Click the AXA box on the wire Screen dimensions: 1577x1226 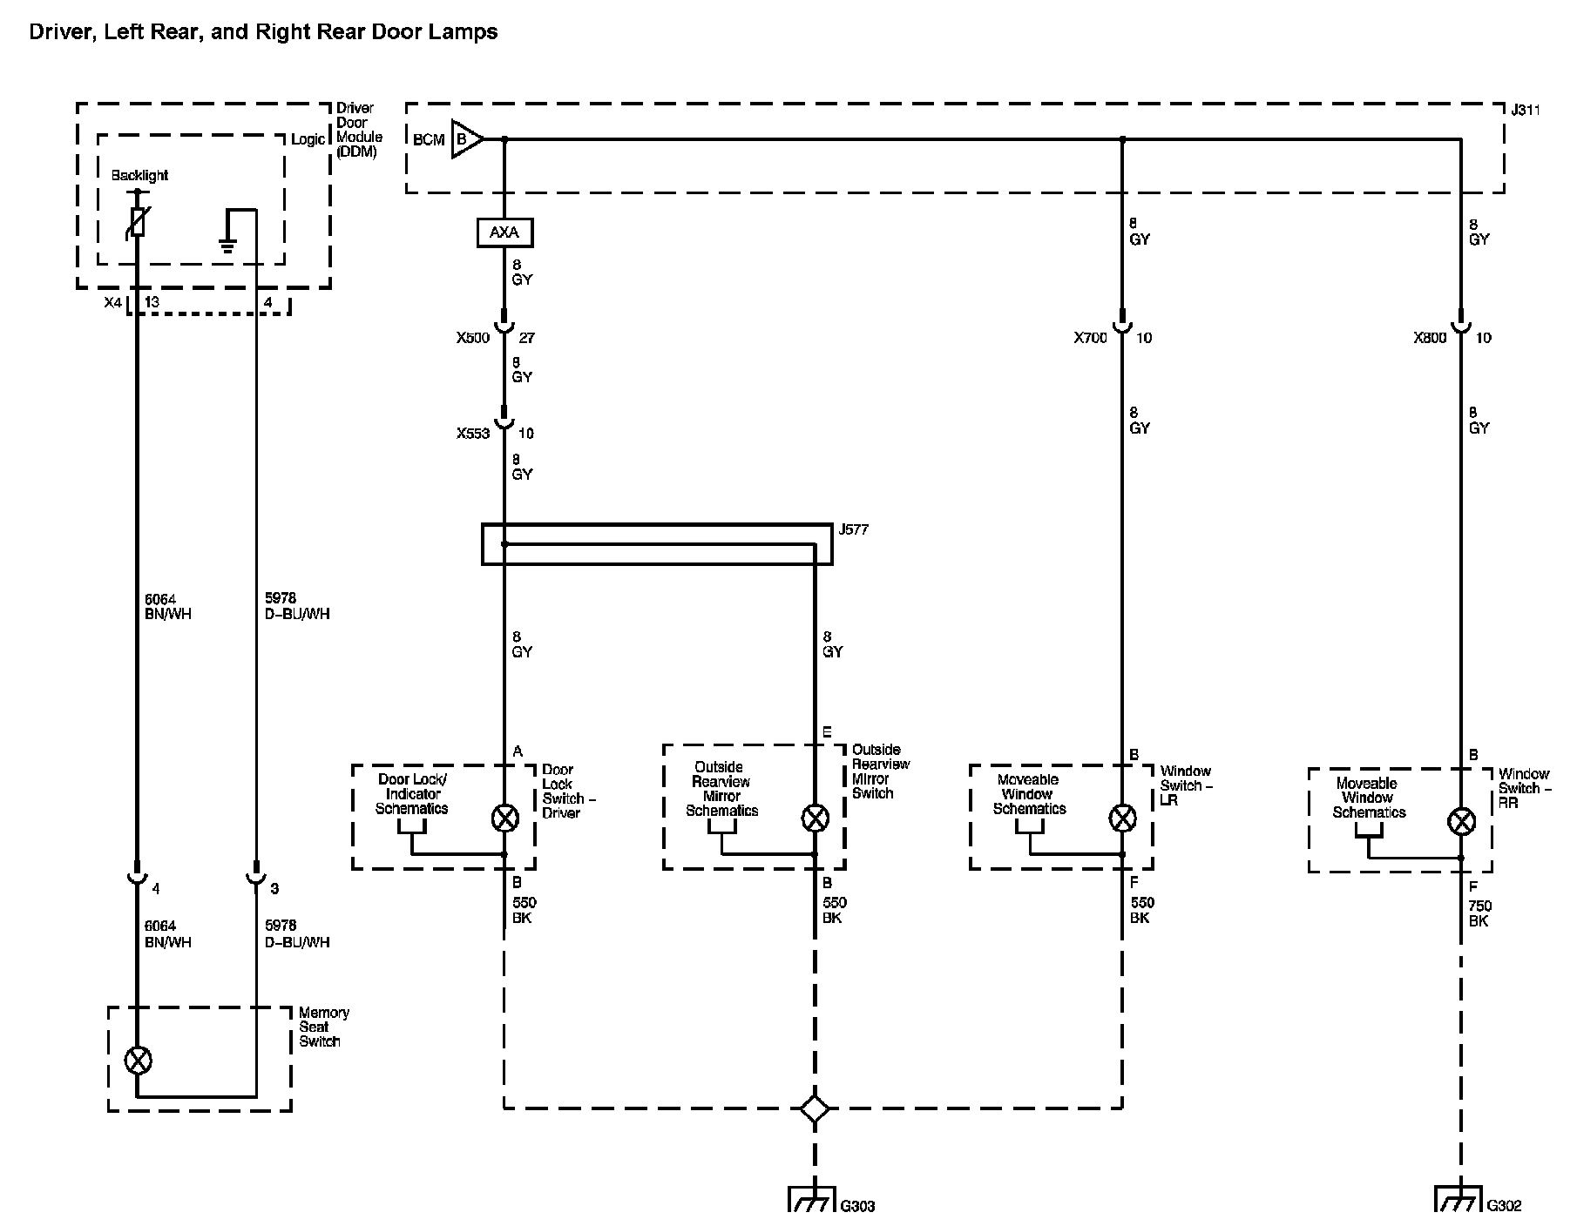tap(504, 232)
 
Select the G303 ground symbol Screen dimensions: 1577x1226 tap(814, 1198)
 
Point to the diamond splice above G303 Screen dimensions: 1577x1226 tap(815, 1108)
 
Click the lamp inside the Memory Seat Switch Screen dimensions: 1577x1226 tap(138, 1061)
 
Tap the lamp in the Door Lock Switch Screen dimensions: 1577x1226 tap(504, 818)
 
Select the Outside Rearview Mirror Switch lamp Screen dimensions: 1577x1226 tap(815, 818)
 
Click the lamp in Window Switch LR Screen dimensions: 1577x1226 tap(1121, 818)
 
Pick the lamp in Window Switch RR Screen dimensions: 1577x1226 tap(1460, 821)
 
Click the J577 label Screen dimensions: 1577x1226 tap(853, 529)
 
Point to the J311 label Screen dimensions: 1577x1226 tap(1525, 111)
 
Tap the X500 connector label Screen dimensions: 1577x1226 tap(473, 338)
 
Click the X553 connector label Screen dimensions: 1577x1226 tap(473, 433)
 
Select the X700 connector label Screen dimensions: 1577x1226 tap(1091, 338)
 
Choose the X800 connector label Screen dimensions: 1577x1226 tap(1430, 338)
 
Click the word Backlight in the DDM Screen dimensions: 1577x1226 tap(139, 175)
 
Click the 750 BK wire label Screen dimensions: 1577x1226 tap(1479, 913)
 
